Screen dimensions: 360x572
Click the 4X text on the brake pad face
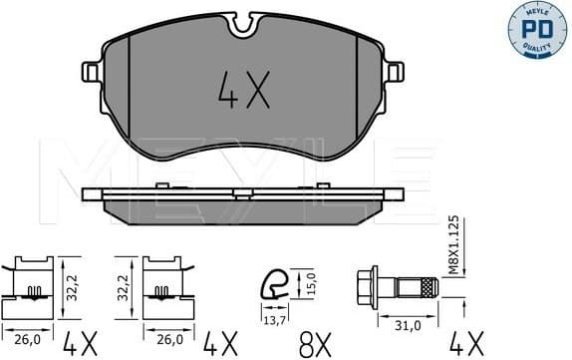tap(243, 95)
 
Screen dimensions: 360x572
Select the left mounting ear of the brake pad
tap(91, 73)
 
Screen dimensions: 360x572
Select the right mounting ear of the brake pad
tap(396, 73)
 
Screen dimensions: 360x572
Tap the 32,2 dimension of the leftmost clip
tap(69, 284)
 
